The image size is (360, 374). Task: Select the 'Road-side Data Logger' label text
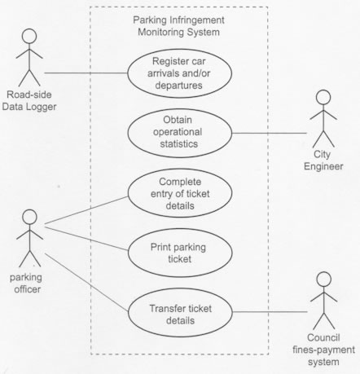coord(29,100)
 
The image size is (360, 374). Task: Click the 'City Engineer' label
coord(323,161)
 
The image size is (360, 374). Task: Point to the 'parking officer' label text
coord(26,284)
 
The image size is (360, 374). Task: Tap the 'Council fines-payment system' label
coord(323,350)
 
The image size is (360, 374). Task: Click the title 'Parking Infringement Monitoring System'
coord(178,26)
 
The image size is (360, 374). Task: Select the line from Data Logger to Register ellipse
coord(86,73)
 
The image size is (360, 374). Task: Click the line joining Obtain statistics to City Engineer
coord(270,133)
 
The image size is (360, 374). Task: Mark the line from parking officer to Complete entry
coord(86,210)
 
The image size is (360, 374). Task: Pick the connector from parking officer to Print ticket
coord(86,239)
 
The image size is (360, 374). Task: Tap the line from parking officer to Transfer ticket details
coord(86,283)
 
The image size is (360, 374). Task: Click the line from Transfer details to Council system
coord(270,312)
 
